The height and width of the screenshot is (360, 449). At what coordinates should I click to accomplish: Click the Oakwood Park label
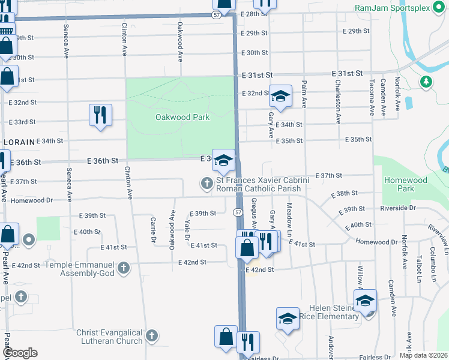tap(182, 117)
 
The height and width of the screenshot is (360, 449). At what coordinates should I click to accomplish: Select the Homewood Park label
tap(406, 184)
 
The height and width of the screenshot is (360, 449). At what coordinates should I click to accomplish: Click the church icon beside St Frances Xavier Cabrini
tap(207, 182)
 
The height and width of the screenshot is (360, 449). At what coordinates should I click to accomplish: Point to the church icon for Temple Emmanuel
tap(124, 267)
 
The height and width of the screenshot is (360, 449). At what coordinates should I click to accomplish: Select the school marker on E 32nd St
tap(280, 95)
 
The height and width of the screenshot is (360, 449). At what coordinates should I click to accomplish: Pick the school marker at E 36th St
tap(223, 160)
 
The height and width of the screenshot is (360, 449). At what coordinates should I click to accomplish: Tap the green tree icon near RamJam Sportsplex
tap(426, 81)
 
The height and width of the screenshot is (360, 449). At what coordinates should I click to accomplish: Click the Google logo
tap(20, 353)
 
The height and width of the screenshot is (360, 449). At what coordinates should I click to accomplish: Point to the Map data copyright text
tap(423, 355)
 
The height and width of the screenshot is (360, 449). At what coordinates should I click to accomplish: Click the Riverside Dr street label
tap(397, 208)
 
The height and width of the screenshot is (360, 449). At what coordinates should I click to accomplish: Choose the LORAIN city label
tap(16, 142)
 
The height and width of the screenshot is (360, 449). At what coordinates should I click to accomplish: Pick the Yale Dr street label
tap(187, 227)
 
